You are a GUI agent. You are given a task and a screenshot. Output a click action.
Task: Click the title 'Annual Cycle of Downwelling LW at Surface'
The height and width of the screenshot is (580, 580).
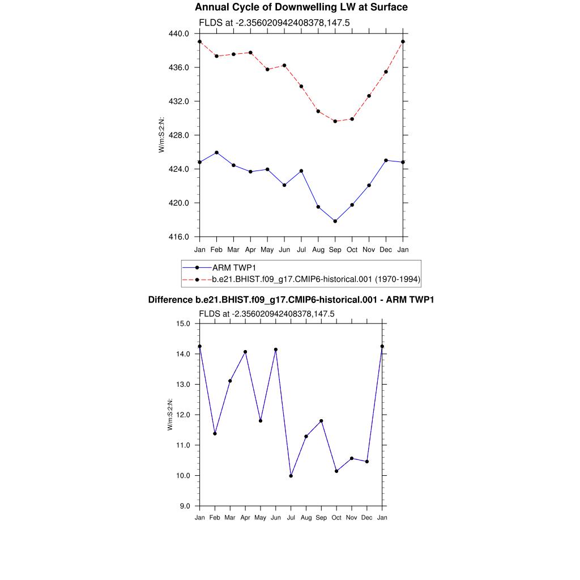click(301, 7)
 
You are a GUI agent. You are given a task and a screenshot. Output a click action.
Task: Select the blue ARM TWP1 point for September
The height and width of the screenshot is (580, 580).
click(335, 221)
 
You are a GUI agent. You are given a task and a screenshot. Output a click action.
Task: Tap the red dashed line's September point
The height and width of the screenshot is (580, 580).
click(335, 121)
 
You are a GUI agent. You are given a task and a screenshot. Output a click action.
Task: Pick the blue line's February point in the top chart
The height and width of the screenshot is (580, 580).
click(216, 152)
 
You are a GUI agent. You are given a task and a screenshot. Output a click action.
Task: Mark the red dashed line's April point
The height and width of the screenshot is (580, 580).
click(250, 53)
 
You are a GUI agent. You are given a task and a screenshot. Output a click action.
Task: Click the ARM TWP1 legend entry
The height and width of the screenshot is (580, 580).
click(232, 267)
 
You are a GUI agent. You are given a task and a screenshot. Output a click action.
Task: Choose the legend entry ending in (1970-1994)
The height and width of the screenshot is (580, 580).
click(315, 279)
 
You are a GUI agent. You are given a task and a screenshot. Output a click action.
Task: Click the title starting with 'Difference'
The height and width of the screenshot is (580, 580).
click(291, 300)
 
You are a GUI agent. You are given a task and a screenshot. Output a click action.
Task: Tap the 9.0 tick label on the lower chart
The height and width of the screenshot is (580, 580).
click(185, 506)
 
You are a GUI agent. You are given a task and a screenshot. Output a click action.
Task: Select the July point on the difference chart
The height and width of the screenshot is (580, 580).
click(291, 476)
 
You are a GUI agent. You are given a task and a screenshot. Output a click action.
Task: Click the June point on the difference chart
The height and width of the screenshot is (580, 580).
click(276, 349)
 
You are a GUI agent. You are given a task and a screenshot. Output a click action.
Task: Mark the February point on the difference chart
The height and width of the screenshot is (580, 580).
click(215, 433)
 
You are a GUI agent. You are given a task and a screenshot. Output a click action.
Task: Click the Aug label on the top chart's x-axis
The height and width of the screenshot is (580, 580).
click(318, 250)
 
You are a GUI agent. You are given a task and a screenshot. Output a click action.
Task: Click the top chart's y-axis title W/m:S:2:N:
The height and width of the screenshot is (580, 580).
click(161, 135)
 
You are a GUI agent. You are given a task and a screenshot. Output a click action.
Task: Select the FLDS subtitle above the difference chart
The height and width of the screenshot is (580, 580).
click(266, 313)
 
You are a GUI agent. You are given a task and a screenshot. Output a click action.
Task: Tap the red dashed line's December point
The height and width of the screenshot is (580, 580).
click(386, 72)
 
